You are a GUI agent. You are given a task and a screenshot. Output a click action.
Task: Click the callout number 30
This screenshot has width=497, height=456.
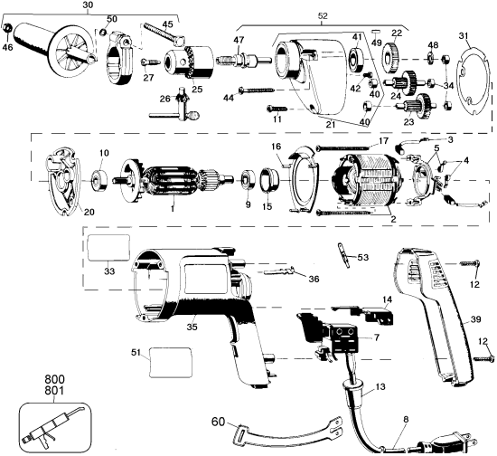(x=87, y=5)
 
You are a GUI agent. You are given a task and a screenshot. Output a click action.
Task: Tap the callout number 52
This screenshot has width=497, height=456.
(x=323, y=15)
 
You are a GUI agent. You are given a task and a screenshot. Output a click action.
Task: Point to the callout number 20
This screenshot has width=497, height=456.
(x=63, y=211)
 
